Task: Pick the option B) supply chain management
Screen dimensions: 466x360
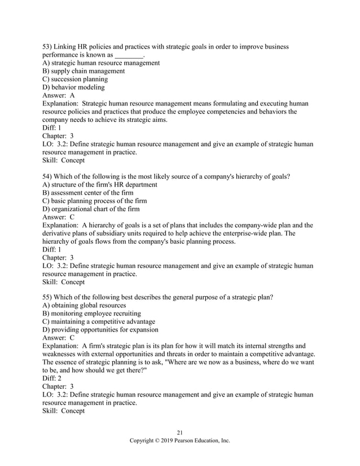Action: point(84,72)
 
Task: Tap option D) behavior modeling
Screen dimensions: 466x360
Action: point(74,88)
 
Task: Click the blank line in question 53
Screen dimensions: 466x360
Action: point(129,55)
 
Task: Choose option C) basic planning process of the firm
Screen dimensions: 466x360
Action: point(95,201)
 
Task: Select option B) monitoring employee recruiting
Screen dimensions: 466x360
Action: point(92,313)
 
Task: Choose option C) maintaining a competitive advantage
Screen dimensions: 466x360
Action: point(99,322)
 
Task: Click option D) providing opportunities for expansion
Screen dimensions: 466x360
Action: point(100,329)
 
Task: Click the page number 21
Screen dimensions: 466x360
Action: point(180,433)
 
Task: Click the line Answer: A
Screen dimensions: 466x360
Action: point(59,96)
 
